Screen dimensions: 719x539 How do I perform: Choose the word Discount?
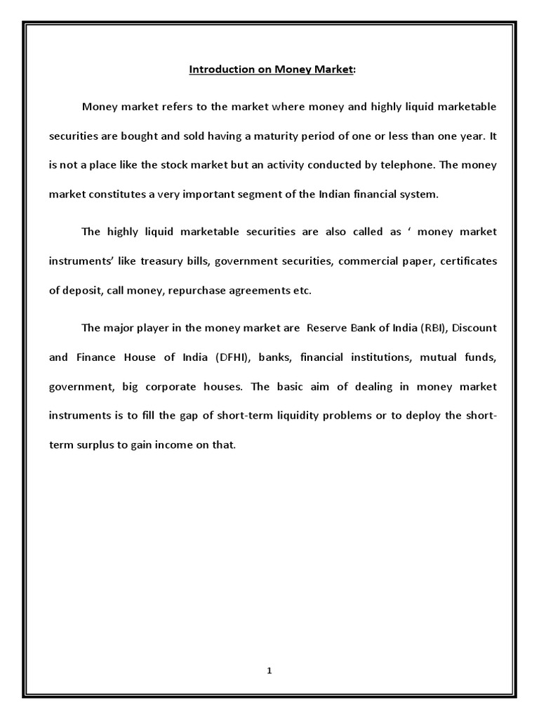pyautogui.click(x=470, y=328)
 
